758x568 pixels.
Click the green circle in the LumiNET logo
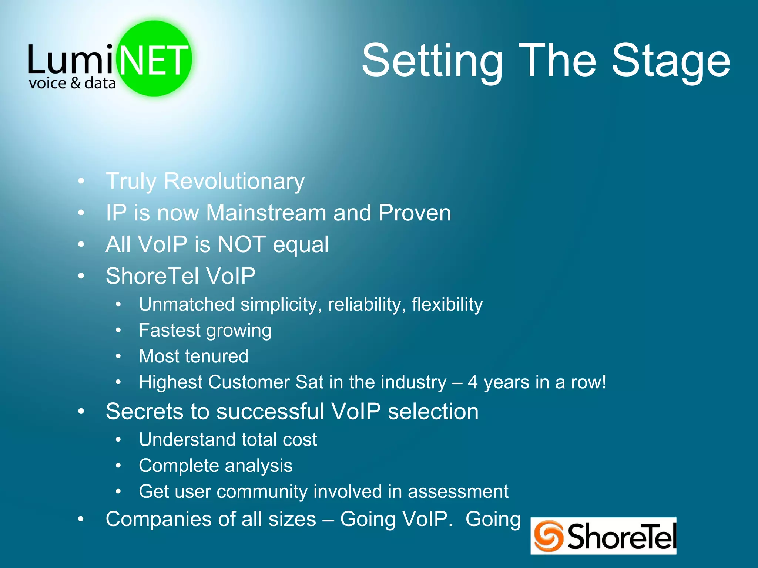coord(154,58)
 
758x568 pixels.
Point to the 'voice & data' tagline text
coord(72,83)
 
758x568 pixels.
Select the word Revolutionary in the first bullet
coord(234,181)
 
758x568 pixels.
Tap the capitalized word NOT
coord(241,244)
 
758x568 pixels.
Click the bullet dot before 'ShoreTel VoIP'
coord(81,276)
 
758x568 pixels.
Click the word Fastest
coord(170,330)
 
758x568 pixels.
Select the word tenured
coord(217,356)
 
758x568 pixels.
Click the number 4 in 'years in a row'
coord(473,382)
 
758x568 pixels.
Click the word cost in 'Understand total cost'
coord(300,440)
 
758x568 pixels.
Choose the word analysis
coord(259,466)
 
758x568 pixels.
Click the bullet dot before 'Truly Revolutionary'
coord(81,181)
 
